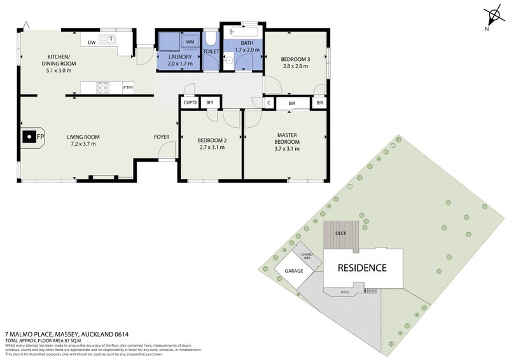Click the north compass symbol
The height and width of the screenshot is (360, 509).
[492, 17]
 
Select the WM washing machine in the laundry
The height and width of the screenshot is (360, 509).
[190, 42]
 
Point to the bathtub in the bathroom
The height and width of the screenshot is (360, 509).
[242, 34]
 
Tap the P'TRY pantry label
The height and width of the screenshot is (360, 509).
[128, 88]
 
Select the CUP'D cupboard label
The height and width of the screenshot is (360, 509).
[190, 102]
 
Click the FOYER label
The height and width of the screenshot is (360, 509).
[162, 137]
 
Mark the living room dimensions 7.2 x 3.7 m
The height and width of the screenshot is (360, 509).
[83, 144]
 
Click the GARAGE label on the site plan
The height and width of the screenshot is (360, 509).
[293, 270]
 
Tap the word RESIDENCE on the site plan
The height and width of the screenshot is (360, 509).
[361, 268]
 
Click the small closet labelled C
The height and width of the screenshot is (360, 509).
[269, 102]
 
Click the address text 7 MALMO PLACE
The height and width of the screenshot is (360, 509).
[41, 333]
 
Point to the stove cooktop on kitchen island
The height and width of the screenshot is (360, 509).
[102, 87]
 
